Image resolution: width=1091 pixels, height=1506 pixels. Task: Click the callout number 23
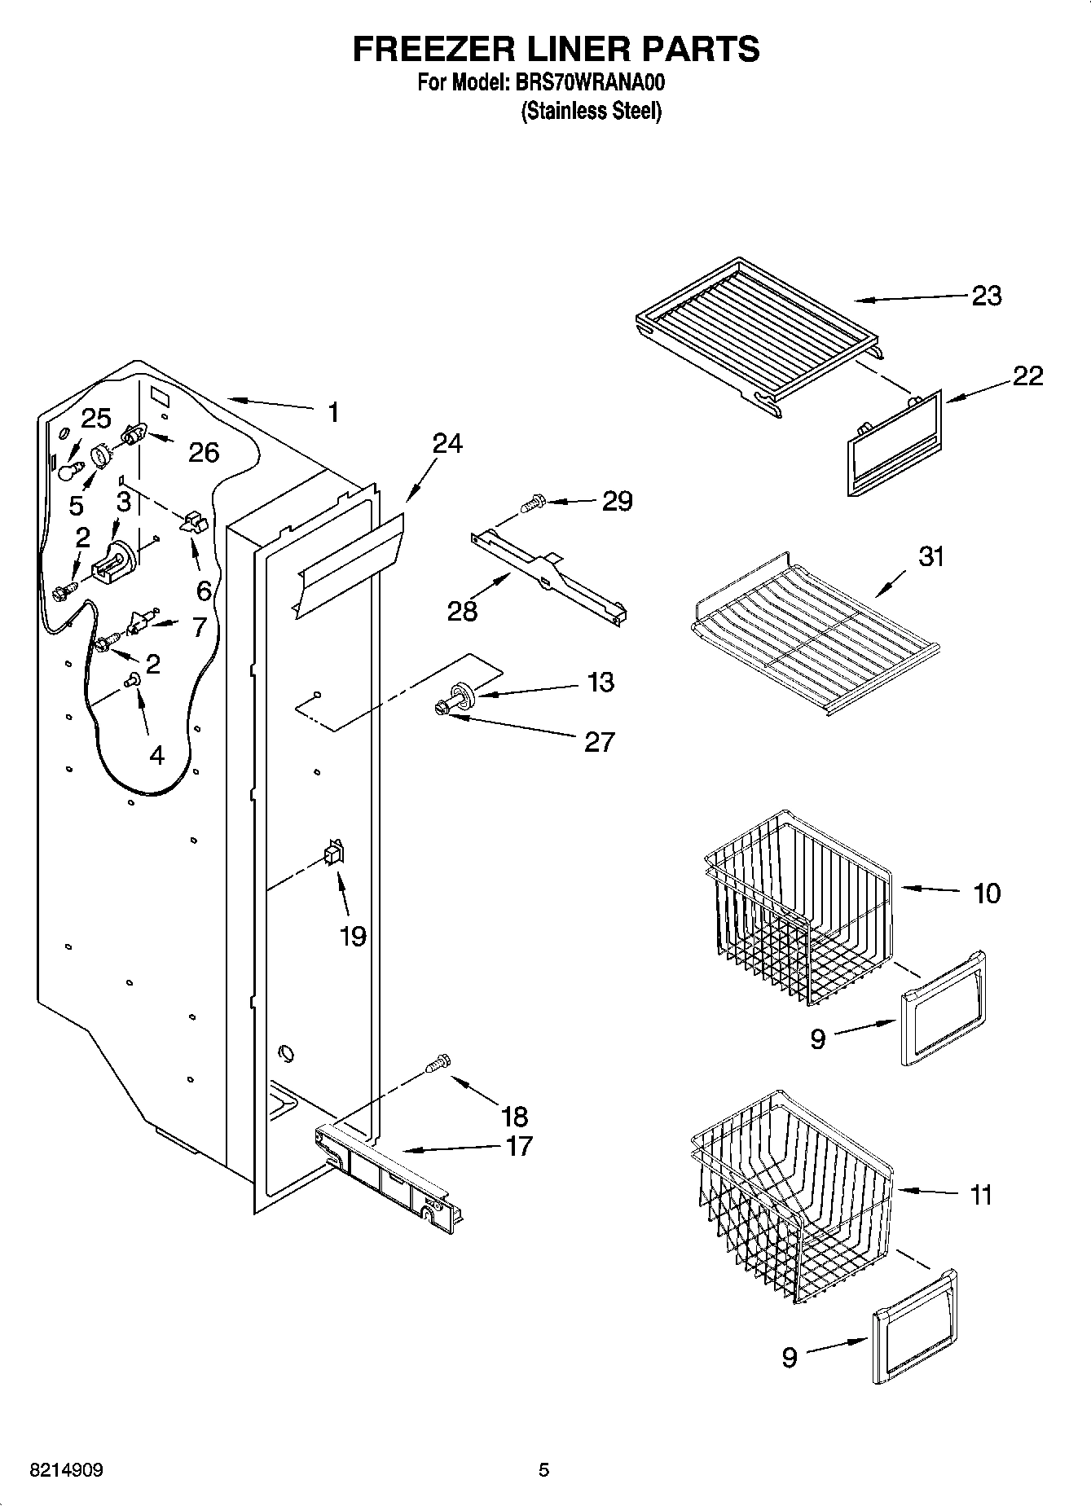pos(986,296)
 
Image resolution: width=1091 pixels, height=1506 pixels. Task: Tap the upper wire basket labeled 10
pos(798,904)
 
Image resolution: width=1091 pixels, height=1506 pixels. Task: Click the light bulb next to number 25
pos(70,469)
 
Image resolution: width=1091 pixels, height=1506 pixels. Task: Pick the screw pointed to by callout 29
pos(532,503)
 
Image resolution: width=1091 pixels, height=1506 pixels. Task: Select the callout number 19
pos(352,936)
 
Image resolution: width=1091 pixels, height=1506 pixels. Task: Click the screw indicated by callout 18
pos(438,1064)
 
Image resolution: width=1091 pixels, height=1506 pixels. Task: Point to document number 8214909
pos(66,1470)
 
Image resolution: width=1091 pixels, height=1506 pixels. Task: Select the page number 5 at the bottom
pos(544,1470)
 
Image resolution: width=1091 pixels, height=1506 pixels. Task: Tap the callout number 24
pos(447,444)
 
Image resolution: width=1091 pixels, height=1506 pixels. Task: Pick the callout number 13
pos(600,682)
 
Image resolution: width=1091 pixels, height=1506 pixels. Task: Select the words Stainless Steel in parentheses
pos(591,111)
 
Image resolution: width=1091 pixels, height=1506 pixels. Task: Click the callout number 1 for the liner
pos(332,412)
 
